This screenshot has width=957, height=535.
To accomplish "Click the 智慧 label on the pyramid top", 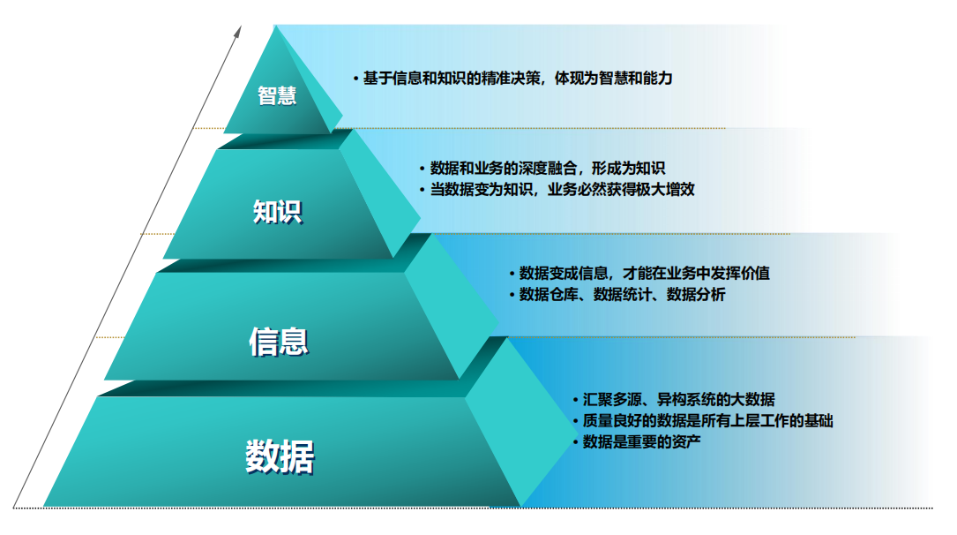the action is tap(277, 96).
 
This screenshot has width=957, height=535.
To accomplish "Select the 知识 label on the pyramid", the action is tap(278, 212).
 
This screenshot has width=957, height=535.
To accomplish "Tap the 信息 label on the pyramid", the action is tap(279, 342).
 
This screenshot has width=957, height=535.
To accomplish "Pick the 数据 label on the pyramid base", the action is tap(280, 456).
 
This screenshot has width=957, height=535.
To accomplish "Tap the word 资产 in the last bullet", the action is tap(686, 441).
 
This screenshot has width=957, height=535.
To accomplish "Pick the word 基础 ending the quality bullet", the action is tap(819, 421).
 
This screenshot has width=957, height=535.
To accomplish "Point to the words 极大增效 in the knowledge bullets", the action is tap(665, 189).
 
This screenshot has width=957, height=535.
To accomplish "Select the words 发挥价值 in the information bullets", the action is tap(740, 273).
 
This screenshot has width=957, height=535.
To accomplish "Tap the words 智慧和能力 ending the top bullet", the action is tap(635, 79).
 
